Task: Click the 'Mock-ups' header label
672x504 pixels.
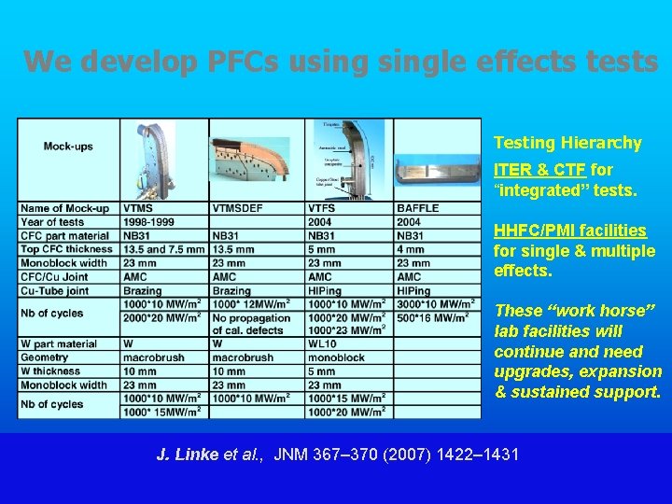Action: (x=68, y=147)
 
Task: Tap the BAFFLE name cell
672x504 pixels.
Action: (x=417, y=208)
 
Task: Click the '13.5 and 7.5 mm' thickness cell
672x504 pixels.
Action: (x=163, y=249)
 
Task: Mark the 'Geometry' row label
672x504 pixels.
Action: (x=45, y=357)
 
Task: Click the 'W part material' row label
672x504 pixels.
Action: (x=59, y=343)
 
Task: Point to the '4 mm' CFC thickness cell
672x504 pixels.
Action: (x=411, y=249)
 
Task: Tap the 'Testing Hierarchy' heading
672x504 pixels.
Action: (x=567, y=143)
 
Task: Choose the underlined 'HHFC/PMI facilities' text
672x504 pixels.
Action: (x=569, y=231)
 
